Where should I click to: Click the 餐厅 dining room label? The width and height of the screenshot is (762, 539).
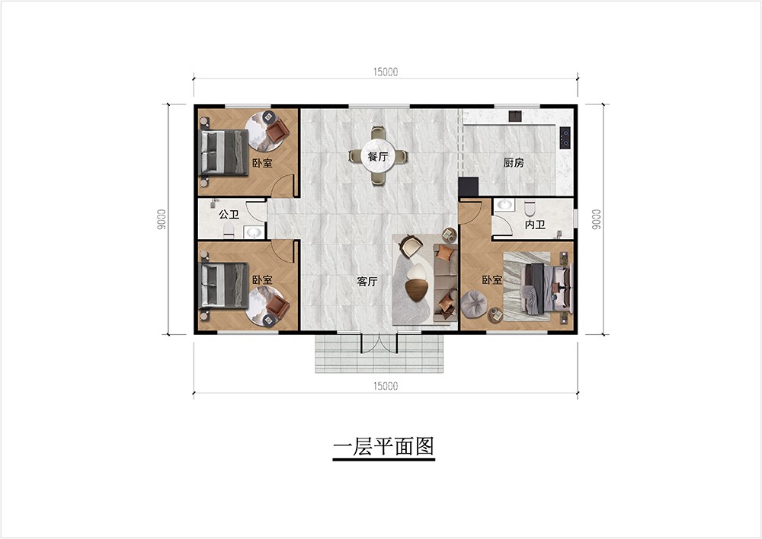click(378, 158)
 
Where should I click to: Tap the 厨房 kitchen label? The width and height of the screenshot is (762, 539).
click(513, 163)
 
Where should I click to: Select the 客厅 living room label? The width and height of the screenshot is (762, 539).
click(367, 282)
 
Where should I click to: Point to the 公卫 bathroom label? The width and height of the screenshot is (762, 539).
click(229, 214)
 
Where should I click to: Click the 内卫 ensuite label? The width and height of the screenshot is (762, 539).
click(535, 225)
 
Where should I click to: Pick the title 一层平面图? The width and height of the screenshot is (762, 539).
click(383, 447)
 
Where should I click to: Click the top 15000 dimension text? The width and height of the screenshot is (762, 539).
click(386, 72)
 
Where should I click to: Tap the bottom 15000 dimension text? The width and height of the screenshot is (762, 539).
click(386, 386)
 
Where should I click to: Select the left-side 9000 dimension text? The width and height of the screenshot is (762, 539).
click(162, 219)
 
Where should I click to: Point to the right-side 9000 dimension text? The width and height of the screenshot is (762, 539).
click(596, 219)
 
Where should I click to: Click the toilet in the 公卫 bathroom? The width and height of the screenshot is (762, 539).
click(229, 231)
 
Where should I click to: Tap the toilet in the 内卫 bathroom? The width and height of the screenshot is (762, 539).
click(530, 209)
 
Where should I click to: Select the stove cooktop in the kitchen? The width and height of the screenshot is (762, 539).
click(565, 137)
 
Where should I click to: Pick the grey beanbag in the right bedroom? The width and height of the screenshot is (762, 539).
click(474, 304)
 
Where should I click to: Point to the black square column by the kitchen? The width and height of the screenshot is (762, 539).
click(469, 187)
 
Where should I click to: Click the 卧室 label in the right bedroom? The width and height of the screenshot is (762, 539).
click(491, 280)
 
